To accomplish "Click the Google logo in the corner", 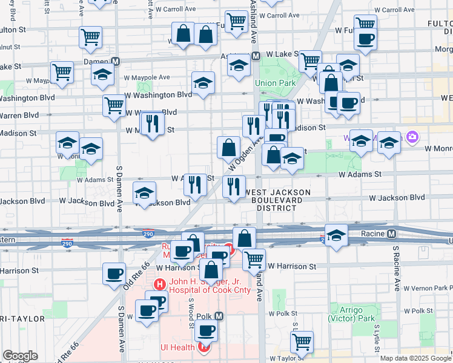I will pyautogui.click(x=20, y=356).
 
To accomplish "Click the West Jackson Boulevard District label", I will pyautogui.click(x=278, y=200).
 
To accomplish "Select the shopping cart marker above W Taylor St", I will pyautogui.click(x=302, y=341).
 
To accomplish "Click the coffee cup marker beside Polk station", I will pyautogui.click(x=207, y=331).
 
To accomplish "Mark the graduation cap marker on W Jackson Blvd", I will pyautogui.click(x=144, y=193).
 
